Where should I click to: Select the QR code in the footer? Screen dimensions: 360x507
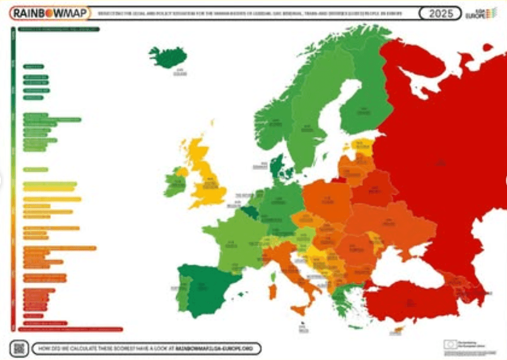(19, 347)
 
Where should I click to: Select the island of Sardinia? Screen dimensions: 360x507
(272, 291)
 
